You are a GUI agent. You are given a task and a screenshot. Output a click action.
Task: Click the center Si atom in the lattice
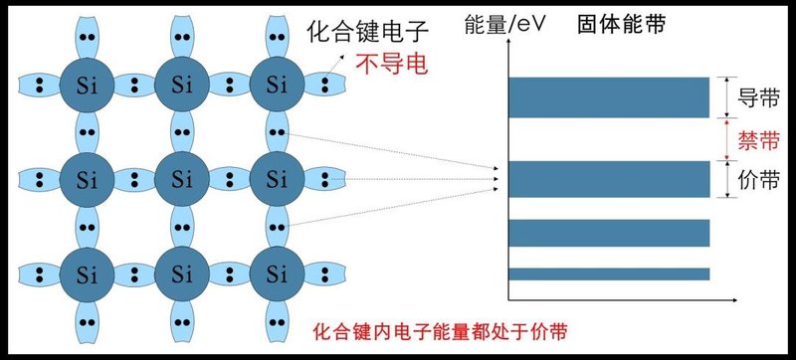[x=180, y=179]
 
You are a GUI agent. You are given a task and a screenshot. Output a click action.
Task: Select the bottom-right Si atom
[x=272, y=270]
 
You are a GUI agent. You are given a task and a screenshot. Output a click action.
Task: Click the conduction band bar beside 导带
[x=609, y=97]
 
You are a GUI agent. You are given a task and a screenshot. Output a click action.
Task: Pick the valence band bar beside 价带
[x=609, y=179]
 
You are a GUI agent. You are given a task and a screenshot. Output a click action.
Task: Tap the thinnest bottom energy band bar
[x=609, y=273]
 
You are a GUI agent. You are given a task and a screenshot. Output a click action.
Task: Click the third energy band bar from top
[x=609, y=232]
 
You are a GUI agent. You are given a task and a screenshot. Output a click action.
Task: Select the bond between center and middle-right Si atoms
[x=226, y=179]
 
